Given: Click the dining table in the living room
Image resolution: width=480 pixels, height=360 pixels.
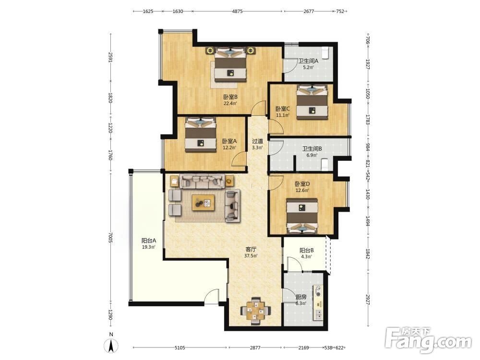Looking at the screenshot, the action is coord(256,311).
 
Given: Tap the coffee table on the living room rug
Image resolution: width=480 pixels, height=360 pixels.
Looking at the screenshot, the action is coord(203,203).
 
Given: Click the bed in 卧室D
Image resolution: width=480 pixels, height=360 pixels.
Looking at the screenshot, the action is coord(302,216).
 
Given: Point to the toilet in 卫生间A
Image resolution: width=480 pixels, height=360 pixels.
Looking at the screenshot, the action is coord(325,53).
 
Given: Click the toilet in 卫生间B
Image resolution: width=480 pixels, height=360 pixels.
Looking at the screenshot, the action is coord(324,164).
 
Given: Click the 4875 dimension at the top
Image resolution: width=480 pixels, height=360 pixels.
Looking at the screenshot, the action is coord(237,12).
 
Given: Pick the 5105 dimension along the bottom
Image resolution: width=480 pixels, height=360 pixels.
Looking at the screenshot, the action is coord(180,348).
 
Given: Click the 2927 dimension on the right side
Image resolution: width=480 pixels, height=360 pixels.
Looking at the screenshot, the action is coord(368,300).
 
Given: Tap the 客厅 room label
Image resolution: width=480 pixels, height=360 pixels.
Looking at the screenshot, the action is coord(251,250).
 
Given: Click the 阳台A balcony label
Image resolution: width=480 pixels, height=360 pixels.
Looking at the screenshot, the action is coord(149,240).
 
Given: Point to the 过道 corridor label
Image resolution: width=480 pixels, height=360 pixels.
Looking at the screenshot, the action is coord(257,141).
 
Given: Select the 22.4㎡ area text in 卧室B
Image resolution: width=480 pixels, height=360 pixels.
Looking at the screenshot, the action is coord(230,104).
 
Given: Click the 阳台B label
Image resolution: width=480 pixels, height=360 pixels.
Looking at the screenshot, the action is coord(306,251).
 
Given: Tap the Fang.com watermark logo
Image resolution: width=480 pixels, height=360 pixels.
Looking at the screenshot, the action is coord(428,340).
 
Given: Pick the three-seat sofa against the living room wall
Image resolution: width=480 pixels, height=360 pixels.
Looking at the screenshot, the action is coord(203,181).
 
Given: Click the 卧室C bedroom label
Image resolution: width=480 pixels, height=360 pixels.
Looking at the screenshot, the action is coord(283,108).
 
